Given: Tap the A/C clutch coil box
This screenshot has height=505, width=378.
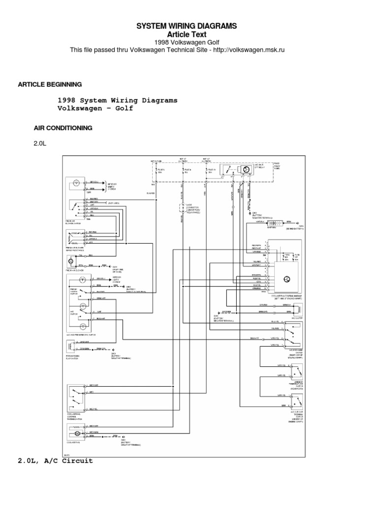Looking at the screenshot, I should tap(298, 309).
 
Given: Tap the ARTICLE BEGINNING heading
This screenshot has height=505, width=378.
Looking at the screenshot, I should tap(50, 84).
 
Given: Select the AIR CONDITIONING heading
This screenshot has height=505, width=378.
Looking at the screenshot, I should tap(63, 128).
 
